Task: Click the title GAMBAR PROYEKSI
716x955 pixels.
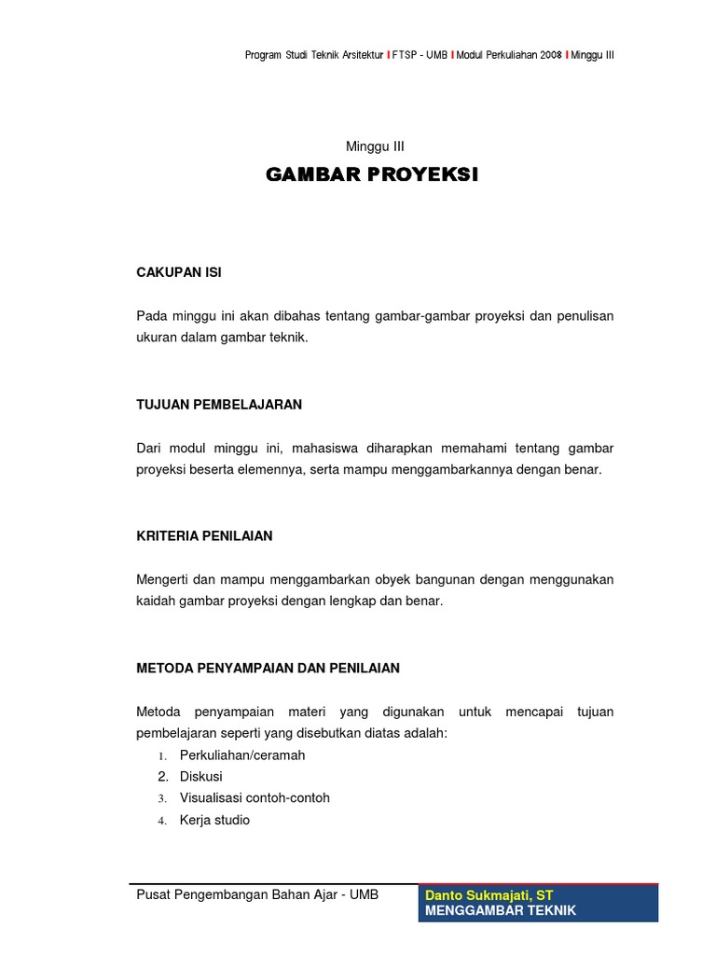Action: [372, 174]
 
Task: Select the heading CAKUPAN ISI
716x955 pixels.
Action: [179, 272]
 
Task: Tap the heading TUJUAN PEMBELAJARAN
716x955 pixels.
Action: [219, 405]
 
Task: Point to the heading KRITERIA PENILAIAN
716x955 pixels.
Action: [204, 536]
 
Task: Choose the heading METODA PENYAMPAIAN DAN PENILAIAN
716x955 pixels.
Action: [268, 668]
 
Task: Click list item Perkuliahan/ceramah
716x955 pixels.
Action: [242, 754]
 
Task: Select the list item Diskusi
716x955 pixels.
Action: [201, 776]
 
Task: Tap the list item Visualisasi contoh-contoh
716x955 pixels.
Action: [255, 798]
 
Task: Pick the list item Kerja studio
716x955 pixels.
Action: [214, 821]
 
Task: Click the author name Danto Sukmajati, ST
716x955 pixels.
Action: [489, 895]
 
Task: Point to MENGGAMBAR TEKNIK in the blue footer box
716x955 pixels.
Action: [501, 910]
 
